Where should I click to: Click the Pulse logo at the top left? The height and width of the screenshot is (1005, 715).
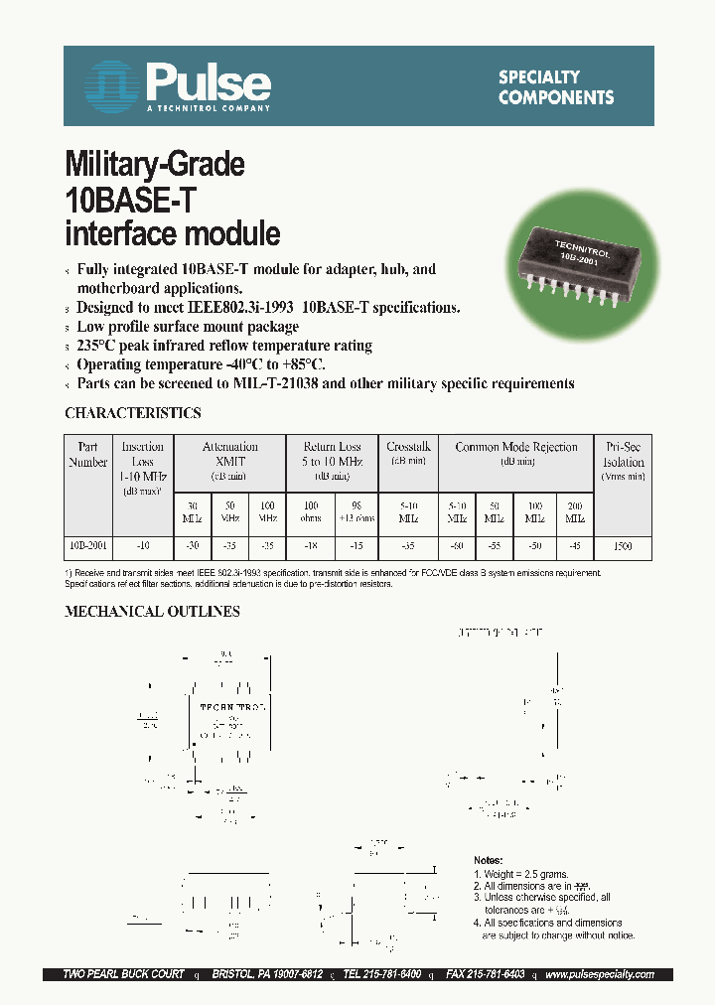coord(176,82)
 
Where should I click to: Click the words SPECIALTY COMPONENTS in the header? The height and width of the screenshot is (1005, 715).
coord(555,87)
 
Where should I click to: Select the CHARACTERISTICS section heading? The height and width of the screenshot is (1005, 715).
coord(132,413)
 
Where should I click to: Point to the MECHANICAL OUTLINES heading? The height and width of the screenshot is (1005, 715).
coord(152,612)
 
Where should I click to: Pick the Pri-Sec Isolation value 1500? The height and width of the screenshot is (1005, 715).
coord(623,546)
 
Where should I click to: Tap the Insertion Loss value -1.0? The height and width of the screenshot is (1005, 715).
coord(143,546)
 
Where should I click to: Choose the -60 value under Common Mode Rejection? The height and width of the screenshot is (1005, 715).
coord(456,546)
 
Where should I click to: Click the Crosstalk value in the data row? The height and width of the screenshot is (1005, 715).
coord(408,546)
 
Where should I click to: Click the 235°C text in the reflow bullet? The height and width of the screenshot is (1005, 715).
coord(99,346)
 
